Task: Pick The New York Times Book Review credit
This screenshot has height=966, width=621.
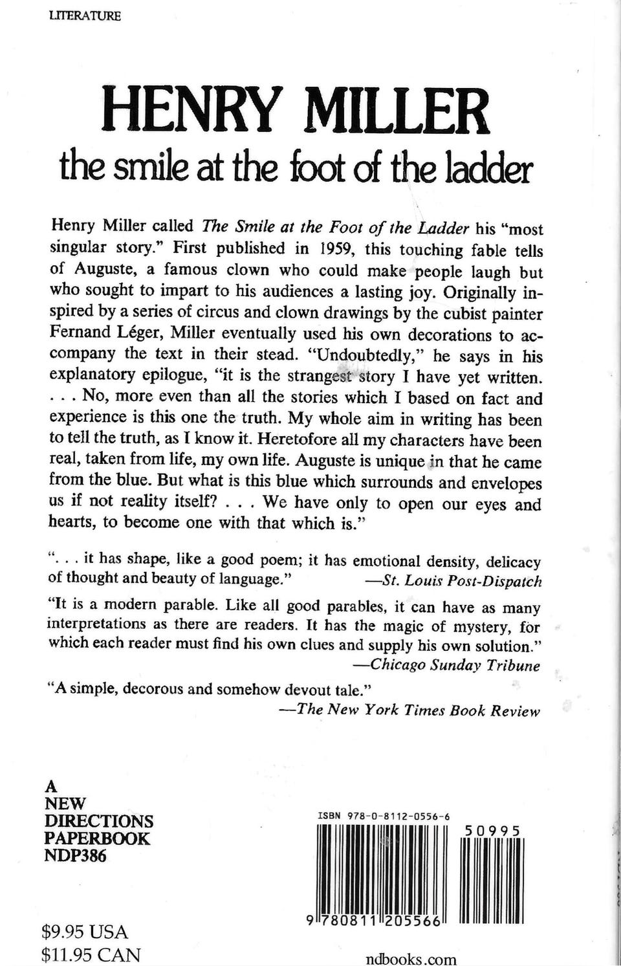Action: pos(417,710)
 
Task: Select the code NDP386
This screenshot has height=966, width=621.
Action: pos(75,855)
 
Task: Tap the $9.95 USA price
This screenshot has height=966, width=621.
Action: pos(84,932)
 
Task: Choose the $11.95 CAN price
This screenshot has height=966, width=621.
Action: pos(91,954)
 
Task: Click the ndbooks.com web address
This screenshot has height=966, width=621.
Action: pos(410,959)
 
